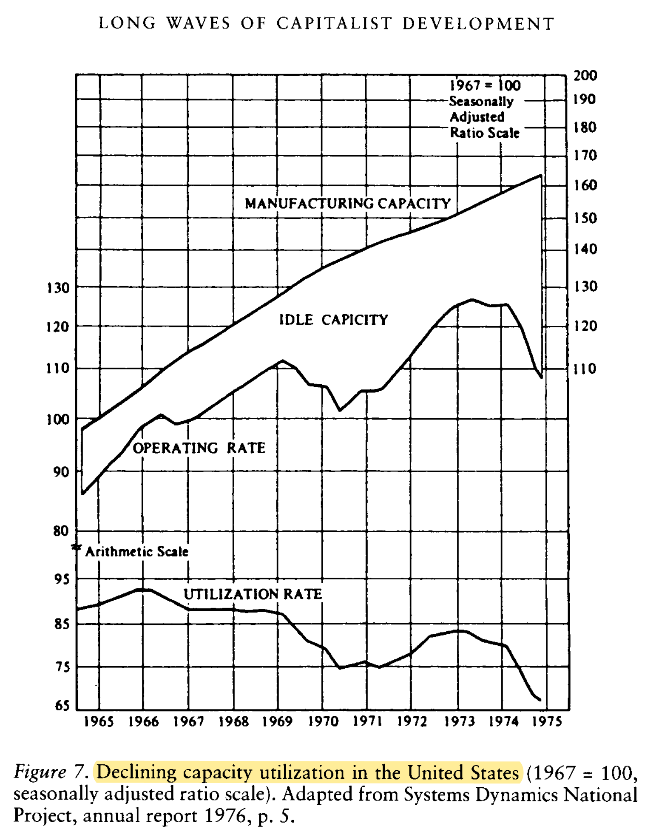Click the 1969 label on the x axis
(x=277, y=721)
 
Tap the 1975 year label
(x=547, y=721)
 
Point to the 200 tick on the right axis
(x=585, y=76)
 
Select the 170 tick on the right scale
(x=585, y=156)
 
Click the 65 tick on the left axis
(x=62, y=706)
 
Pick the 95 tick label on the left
(x=62, y=579)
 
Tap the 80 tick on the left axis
(x=61, y=531)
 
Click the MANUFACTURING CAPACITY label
(x=347, y=204)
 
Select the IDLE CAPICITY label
(x=333, y=320)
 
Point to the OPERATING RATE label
(x=199, y=448)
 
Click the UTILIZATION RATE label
(x=253, y=594)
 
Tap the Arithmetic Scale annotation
(x=136, y=552)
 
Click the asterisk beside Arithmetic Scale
(x=77, y=548)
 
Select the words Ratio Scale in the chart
(x=485, y=133)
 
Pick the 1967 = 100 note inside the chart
(x=485, y=85)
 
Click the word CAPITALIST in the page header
(x=334, y=23)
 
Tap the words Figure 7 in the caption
(x=51, y=772)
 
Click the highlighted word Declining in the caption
(x=136, y=772)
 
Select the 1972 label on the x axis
(x=412, y=721)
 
